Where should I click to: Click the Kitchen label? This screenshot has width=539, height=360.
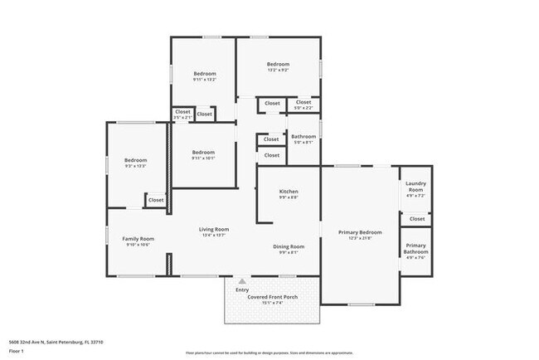288,192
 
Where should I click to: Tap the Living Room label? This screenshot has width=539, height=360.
214,230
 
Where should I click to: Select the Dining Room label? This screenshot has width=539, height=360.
289,247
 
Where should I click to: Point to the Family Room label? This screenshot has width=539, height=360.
138,239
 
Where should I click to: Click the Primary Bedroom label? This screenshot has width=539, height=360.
360,233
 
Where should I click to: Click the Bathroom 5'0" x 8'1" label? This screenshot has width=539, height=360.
303,137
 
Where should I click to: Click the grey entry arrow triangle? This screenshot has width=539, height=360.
242,282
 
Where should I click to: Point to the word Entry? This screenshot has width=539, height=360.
242,289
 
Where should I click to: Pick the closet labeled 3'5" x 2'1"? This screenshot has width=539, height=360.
182,112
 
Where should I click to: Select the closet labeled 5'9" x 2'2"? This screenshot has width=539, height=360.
303,104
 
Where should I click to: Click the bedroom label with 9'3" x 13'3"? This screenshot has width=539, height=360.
135,161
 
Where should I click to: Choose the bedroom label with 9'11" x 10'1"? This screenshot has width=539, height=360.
204,153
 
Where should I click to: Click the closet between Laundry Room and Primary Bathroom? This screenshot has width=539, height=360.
415,218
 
